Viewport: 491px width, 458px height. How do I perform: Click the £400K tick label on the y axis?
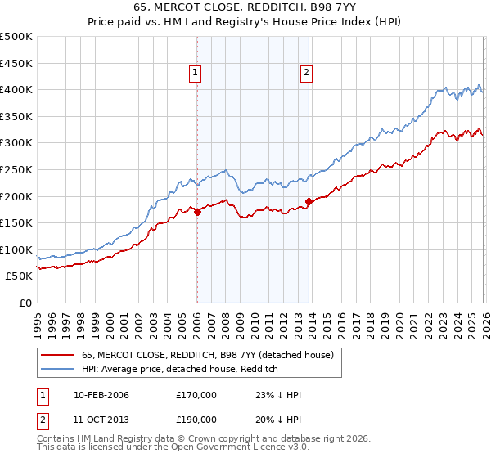[16, 90]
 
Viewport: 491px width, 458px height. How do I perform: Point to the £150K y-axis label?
[16, 222]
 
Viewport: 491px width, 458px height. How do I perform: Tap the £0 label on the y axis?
[26, 303]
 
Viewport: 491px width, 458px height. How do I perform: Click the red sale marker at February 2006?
[197, 212]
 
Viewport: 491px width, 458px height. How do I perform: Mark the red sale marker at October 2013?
[309, 201]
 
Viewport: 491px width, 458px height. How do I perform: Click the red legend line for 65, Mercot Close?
[59, 356]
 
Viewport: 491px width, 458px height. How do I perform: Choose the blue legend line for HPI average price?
[59, 370]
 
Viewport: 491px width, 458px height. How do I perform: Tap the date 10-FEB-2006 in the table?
[101, 395]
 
